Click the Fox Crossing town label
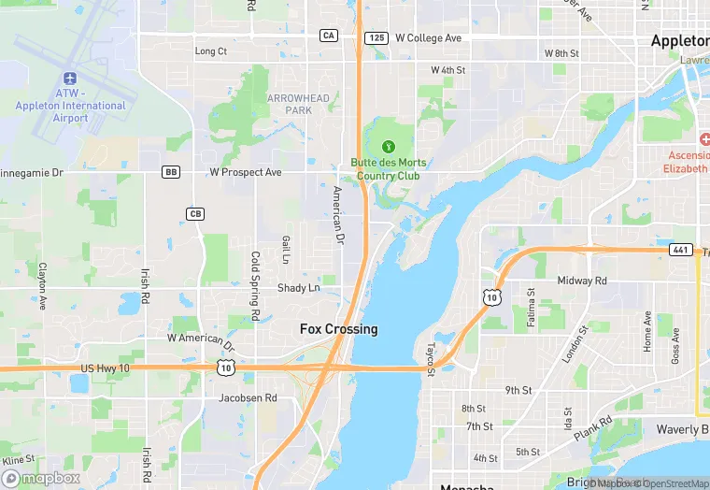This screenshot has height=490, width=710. tap(338, 329)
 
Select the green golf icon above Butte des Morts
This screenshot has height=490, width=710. tap(388, 146)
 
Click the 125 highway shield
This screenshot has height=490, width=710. tap(376, 37)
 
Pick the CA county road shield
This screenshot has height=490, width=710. tap(328, 36)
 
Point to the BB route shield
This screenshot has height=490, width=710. tap(170, 172)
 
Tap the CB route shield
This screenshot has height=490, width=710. tap(195, 214)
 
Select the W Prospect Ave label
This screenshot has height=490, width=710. tap(246, 172)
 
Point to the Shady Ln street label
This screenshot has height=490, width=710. tap(298, 288)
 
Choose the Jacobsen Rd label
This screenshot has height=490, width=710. tap(248, 397)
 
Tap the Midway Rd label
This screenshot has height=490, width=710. tap(582, 281)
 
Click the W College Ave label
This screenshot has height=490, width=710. tap(428, 38)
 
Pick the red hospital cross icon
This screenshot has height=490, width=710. tap(703, 138)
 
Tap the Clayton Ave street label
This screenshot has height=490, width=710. tap(43, 286)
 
